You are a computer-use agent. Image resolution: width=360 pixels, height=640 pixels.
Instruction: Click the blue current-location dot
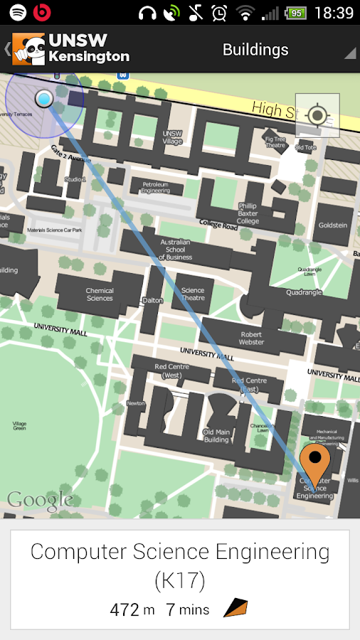(44, 99)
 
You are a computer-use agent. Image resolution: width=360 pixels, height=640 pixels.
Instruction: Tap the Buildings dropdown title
(255, 50)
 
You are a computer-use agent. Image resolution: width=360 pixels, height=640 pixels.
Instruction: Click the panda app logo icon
(28, 50)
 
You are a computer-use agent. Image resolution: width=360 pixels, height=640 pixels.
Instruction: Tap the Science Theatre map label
(193, 294)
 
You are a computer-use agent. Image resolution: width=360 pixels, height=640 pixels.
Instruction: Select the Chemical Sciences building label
(100, 294)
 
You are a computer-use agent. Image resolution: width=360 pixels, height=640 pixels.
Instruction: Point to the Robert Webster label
(251, 338)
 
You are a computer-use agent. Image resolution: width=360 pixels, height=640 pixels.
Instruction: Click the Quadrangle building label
(304, 292)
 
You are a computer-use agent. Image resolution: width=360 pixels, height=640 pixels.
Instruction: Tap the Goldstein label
(333, 225)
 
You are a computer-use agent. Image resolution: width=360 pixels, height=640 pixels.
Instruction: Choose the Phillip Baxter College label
(248, 213)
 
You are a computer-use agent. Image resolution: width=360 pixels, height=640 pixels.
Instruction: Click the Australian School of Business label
(175, 249)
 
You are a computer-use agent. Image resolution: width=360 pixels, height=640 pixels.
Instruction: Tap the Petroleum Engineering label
(155, 187)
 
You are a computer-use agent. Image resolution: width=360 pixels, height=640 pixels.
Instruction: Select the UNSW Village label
(172, 137)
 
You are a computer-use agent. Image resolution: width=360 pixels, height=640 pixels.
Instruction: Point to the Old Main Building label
(216, 435)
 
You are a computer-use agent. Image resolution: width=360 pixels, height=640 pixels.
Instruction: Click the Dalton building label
(153, 300)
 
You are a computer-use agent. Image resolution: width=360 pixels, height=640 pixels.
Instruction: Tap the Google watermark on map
(40, 499)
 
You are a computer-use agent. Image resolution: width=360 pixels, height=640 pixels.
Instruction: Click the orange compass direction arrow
(235, 608)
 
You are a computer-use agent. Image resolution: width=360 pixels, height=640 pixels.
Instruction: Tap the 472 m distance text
(132, 609)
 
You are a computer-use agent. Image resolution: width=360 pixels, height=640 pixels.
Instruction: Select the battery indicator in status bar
(296, 13)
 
